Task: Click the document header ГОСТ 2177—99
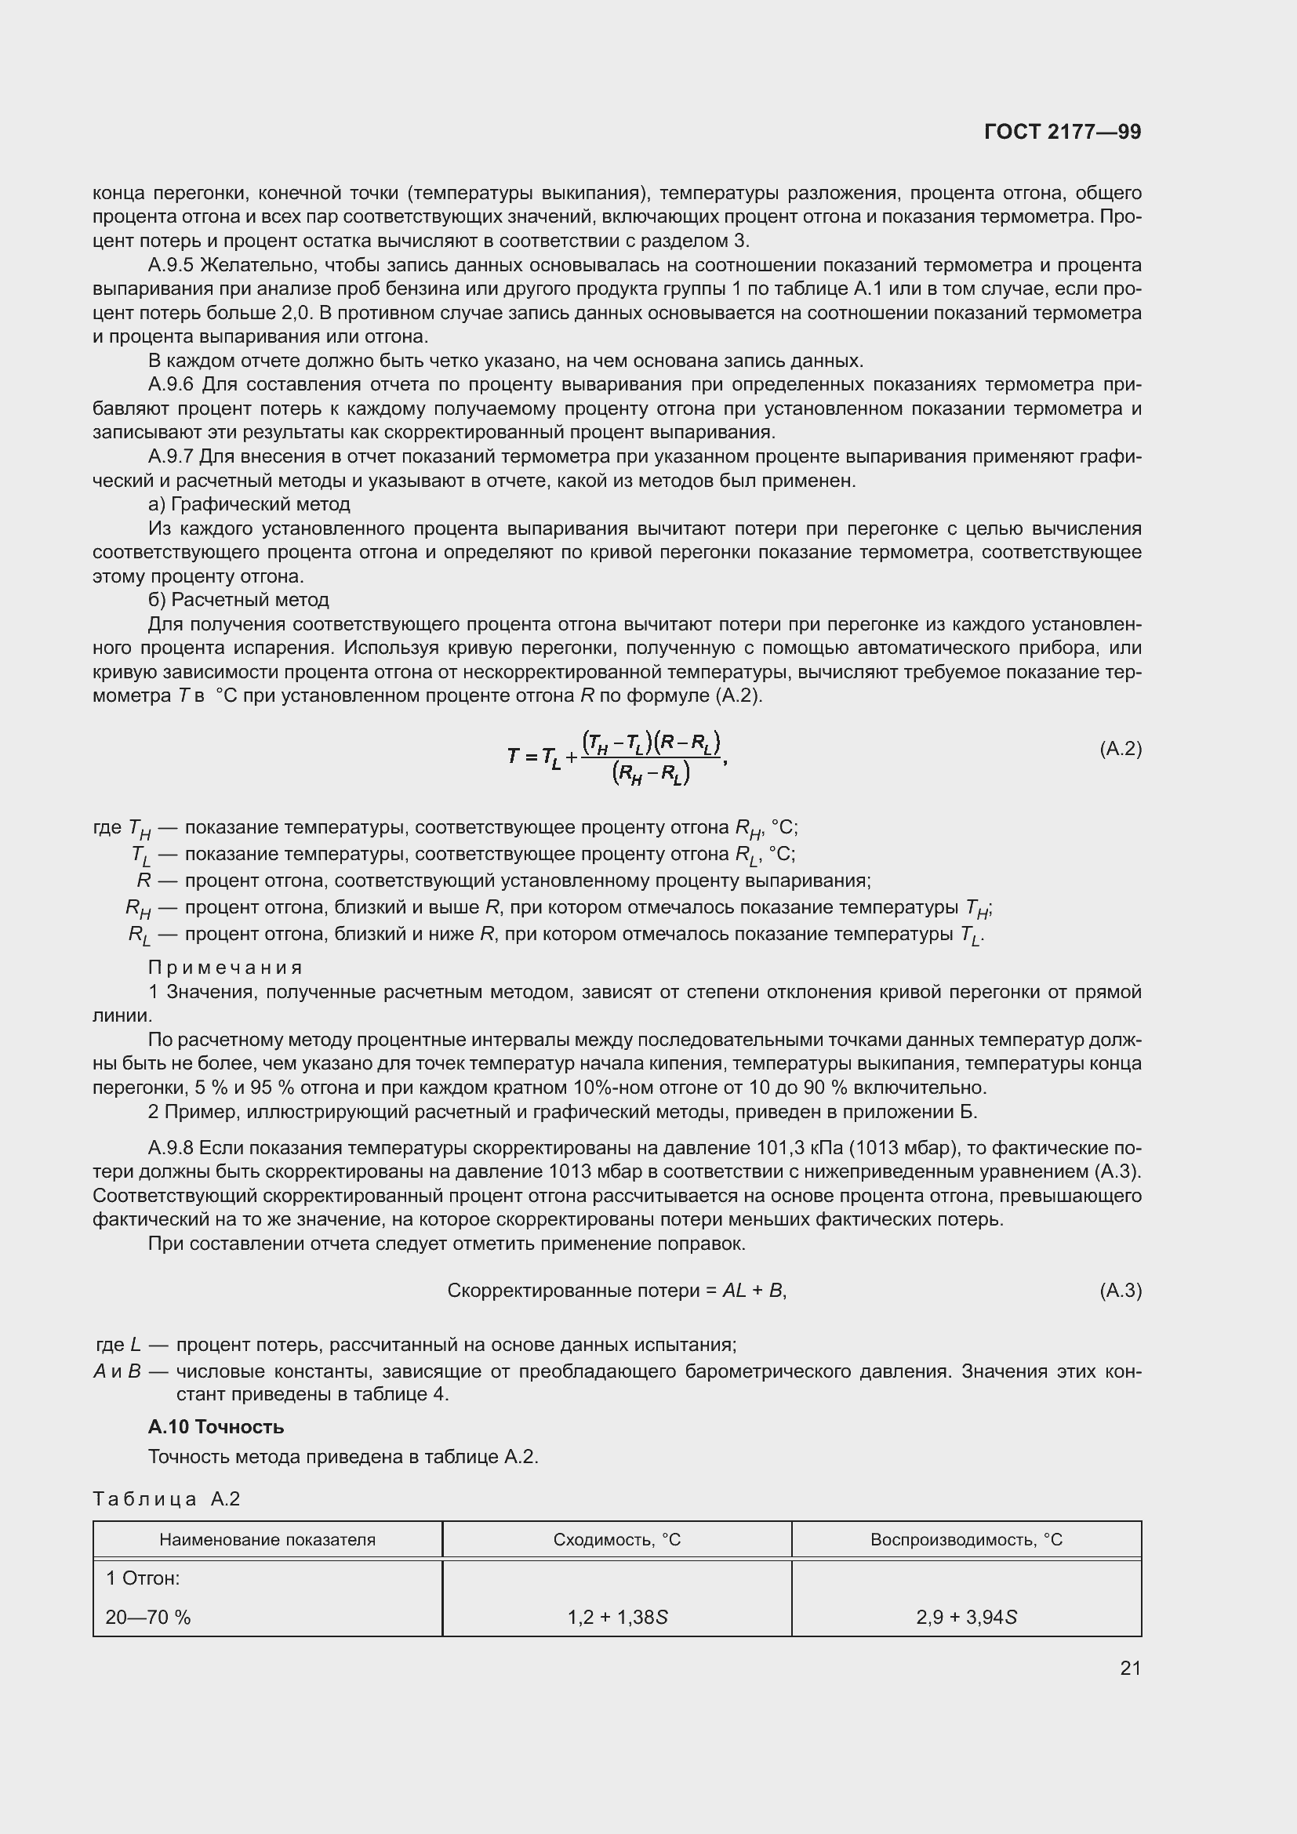click(x=1063, y=133)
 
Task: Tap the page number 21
click(x=1130, y=1668)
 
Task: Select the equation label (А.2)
click(x=1121, y=749)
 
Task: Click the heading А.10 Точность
click(x=216, y=1426)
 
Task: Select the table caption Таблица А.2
click(x=166, y=1498)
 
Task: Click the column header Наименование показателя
click(x=267, y=1539)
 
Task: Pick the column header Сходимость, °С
click(x=616, y=1539)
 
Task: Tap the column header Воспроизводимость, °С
click(x=966, y=1539)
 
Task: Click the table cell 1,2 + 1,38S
click(x=617, y=1618)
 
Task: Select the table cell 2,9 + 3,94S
click(x=966, y=1618)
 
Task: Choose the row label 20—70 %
click(x=148, y=1618)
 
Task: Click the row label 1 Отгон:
click(x=143, y=1578)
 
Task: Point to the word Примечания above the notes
click(x=225, y=968)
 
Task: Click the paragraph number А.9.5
click(x=171, y=265)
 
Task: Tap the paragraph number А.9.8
click(x=171, y=1148)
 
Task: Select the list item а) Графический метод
click(x=249, y=505)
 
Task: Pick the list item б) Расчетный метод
click(x=239, y=600)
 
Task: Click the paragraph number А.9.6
click(x=171, y=385)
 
